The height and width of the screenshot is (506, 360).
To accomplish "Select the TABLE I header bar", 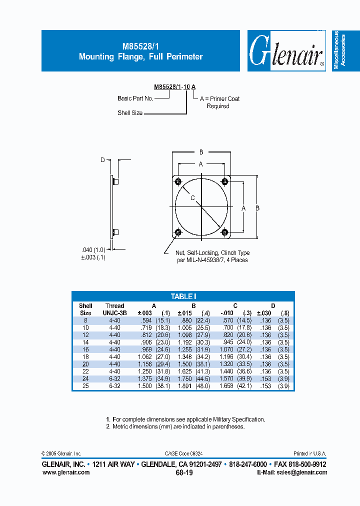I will tap(183, 296).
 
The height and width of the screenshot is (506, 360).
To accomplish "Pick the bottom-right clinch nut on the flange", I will tap(224, 231).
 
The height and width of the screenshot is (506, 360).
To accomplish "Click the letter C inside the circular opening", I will tap(192, 198).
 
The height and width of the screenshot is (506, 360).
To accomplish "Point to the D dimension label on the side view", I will tap(102, 160).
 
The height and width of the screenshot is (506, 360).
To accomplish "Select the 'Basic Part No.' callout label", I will tap(135, 98).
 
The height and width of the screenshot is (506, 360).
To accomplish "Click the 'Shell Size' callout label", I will tap(130, 113).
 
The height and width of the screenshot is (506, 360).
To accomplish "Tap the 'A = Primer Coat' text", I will tap(219, 99).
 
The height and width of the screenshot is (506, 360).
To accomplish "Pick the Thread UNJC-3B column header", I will tap(114, 309).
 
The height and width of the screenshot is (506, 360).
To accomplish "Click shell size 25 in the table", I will tap(85, 386).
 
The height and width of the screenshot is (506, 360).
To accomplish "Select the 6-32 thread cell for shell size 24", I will tap(114, 379).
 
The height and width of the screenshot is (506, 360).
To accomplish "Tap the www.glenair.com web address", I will tap(66, 472).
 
